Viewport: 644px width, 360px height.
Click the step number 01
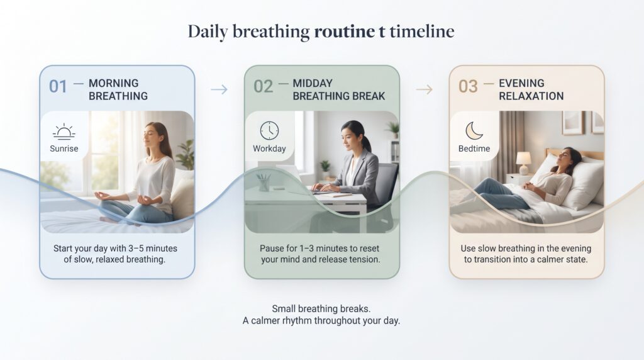pos(58,87)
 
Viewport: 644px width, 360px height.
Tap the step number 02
pos(264,87)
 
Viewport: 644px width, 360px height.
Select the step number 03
pos(468,87)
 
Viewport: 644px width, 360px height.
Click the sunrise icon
pos(64,132)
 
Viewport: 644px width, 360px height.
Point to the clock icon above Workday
pos(269,131)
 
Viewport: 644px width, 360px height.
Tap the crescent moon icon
pos(474,131)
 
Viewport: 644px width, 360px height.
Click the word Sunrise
pos(64,149)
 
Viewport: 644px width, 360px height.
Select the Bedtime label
pos(474,149)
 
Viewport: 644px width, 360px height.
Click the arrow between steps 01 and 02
pos(219,89)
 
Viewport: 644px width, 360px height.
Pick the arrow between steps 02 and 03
pos(425,89)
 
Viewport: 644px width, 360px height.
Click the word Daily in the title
pos(208,31)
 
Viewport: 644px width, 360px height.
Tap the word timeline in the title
pos(422,31)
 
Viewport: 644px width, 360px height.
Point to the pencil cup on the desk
pos(263,183)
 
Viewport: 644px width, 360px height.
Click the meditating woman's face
pos(151,135)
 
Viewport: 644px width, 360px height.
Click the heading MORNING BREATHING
pos(118,89)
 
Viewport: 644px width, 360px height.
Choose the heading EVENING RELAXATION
pos(531,89)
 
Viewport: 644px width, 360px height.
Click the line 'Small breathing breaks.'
pos(321,308)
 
